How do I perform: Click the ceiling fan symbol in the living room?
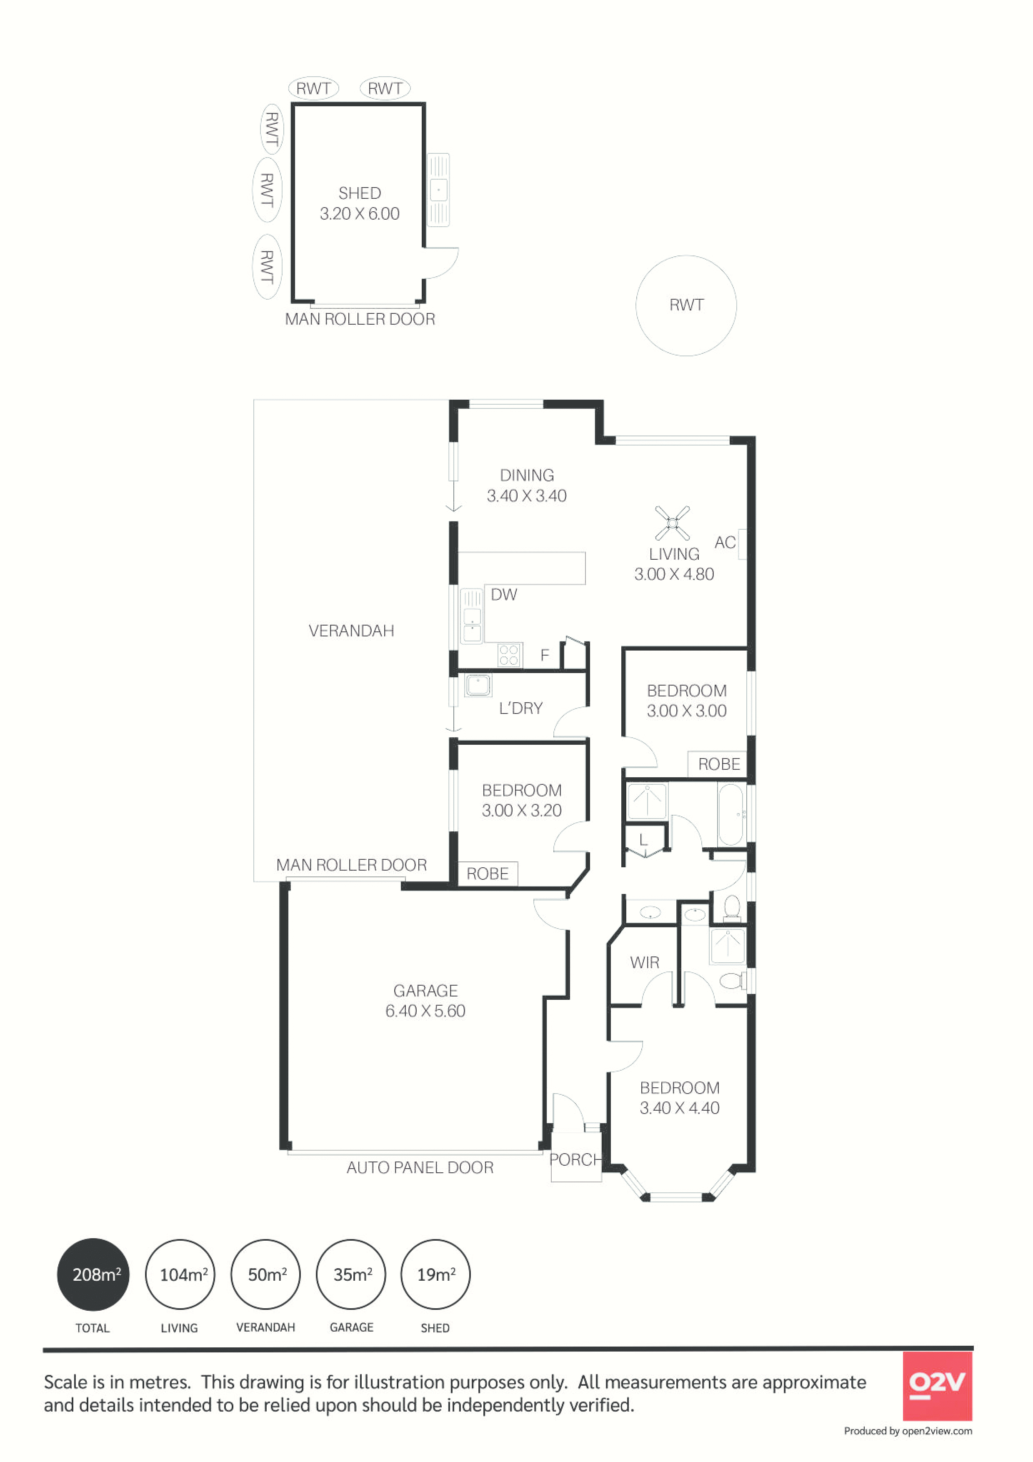pyautogui.click(x=672, y=523)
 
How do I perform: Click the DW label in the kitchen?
pyautogui.click(x=504, y=595)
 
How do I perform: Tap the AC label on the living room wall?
pyautogui.click(x=725, y=543)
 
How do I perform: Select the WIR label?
pyautogui.click(x=644, y=963)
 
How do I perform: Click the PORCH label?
pyautogui.click(x=576, y=1159)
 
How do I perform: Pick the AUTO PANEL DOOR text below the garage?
pyautogui.click(x=420, y=1168)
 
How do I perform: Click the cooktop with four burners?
pyautogui.click(x=509, y=655)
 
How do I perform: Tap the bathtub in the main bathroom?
pyautogui.click(x=730, y=814)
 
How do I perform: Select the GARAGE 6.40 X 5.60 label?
pyautogui.click(x=425, y=1000)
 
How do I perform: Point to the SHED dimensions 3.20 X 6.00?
pyautogui.click(x=360, y=214)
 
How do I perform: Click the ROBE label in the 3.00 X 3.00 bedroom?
pyautogui.click(x=719, y=764)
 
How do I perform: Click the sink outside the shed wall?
pyautogui.click(x=438, y=190)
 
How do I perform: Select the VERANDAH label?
pyautogui.click(x=351, y=631)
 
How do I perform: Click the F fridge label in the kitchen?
pyautogui.click(x=545, y=655)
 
